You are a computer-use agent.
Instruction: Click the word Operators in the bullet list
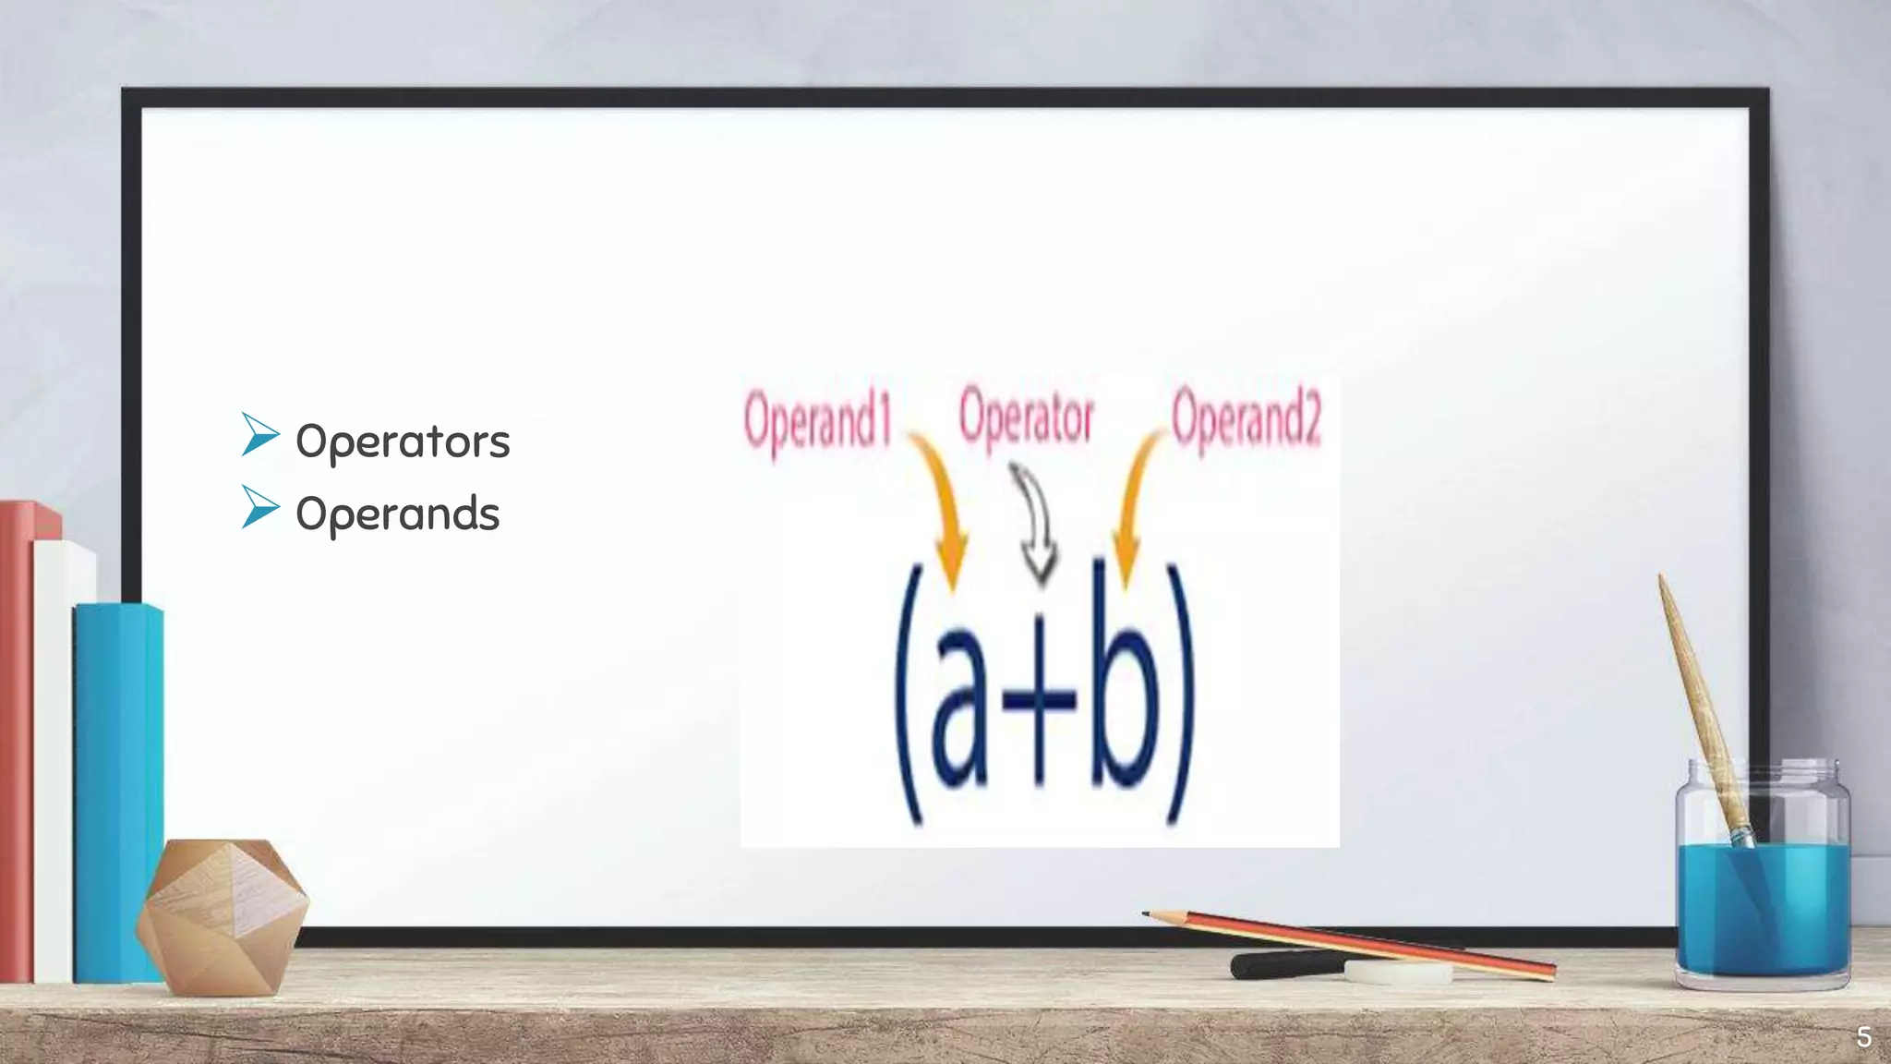click(403, 441)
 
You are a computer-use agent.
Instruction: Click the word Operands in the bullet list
click(397, 514)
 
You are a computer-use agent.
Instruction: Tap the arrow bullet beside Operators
click(259, 435)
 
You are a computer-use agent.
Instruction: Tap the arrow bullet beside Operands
click(259, 507)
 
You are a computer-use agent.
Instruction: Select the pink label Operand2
click(1246, 420)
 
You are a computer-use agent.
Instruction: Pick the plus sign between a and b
click(1041, 698)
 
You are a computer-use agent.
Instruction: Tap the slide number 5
click(1863, 1037)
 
